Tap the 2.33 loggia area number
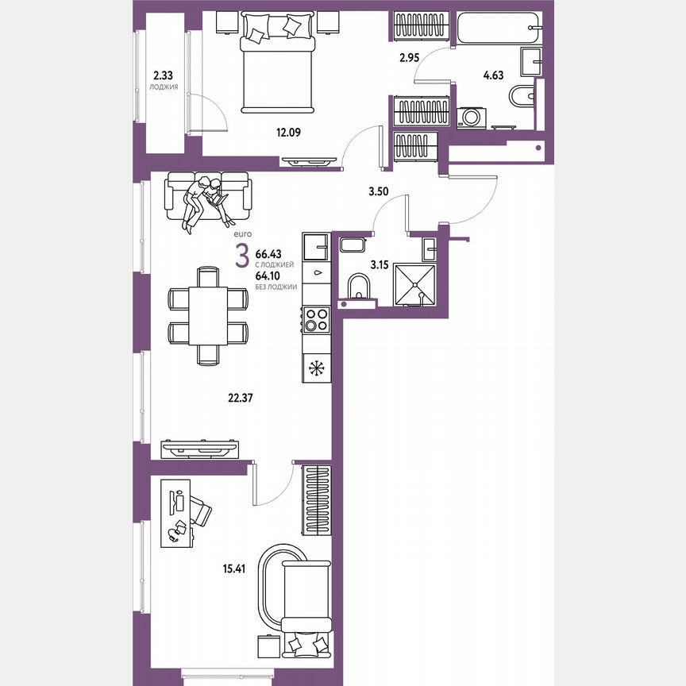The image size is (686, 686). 164,75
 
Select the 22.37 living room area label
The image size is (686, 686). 240,400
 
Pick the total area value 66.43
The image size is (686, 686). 268,255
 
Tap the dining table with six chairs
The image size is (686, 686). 208,315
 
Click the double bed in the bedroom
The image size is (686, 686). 274,64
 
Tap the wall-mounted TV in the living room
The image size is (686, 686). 200,449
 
